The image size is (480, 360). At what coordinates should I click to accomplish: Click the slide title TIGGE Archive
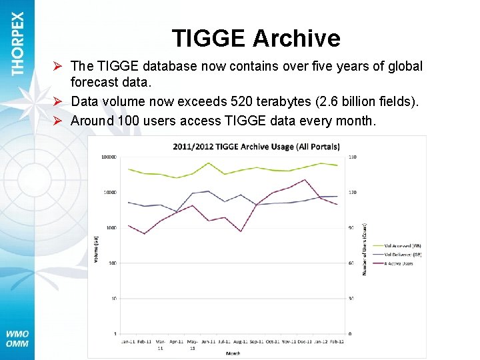tap(256, 39)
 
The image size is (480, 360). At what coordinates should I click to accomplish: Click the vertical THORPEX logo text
tap(17, 43)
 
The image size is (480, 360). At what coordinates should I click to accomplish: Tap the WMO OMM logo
tap(17, 339)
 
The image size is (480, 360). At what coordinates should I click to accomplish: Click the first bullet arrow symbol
tap(59, 66)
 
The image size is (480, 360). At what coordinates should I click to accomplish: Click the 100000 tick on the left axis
tap(107, 157)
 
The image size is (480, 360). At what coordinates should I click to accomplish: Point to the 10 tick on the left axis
tap(114, 299)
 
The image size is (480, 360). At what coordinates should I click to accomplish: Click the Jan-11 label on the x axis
tap(128, 342)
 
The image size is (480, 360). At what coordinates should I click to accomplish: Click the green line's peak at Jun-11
tap(209, 163)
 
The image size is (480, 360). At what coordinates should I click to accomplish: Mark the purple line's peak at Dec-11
tap(304, 179)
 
